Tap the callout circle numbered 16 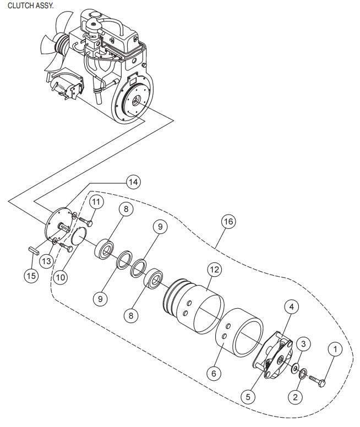(x=229, y=221)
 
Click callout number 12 (x=215, y=270)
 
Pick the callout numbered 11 (x=97, y=202)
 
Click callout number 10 (x=61, y=277)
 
